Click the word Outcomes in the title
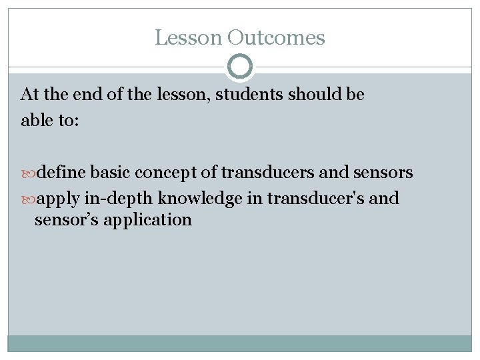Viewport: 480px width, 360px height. point(276,37)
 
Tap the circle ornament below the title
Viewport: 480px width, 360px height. point(240,67)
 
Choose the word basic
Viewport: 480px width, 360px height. point(112,173)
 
